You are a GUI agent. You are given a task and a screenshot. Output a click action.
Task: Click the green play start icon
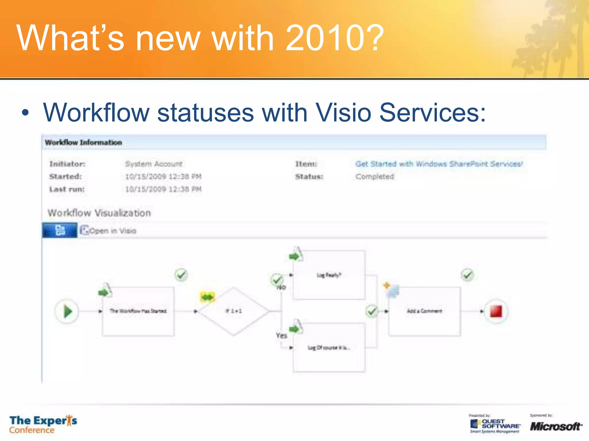pyautogui.click(x=67, y=312)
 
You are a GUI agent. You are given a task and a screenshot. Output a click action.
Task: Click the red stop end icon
pyautogui.click(x=496, y=312)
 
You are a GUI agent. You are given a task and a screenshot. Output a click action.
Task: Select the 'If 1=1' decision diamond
pyautogui.click(x=234, y=311)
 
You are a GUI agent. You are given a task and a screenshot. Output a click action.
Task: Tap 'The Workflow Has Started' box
pyautogui.click(x=138, y=311)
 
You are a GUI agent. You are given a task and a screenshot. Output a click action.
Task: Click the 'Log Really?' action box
pyautogui.click(x=329, y=275)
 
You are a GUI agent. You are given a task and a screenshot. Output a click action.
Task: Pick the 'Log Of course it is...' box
pyautogui.click(x=329, y=348)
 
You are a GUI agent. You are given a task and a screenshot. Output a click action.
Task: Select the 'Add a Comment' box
pyautogui.click(x=424, y=311)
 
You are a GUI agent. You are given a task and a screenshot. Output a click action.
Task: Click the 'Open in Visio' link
pyautogui.click(x=112, y=231)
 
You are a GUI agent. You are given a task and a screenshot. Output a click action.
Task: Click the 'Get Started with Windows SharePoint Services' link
pyautogui.click(x=439, y=164)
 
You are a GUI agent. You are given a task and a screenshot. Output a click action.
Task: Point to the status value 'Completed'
pyautogui.click(x=374, y=177)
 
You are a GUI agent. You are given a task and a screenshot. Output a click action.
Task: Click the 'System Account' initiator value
pyautogui.click(x=154, y=164)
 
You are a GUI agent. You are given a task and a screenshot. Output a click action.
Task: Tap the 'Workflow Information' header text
pyautogui.click(x=83, y=142)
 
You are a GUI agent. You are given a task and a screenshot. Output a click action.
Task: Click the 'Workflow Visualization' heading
pyautogui.click(x=99, y=213)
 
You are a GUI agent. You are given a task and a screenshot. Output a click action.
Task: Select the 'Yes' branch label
pyautogui.click(x=281, y=335)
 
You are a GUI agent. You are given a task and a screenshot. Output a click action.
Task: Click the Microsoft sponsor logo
pyautogui.click(x=556, y=426)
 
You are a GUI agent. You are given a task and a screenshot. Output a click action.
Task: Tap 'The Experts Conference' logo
pyautogui.click(x=43, y=424)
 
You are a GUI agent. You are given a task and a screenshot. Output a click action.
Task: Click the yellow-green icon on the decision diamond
pyautogui.click(x=207, y=297)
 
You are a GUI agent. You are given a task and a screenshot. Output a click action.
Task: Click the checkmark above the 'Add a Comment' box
pyautogui.click(x=467, y=275)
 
